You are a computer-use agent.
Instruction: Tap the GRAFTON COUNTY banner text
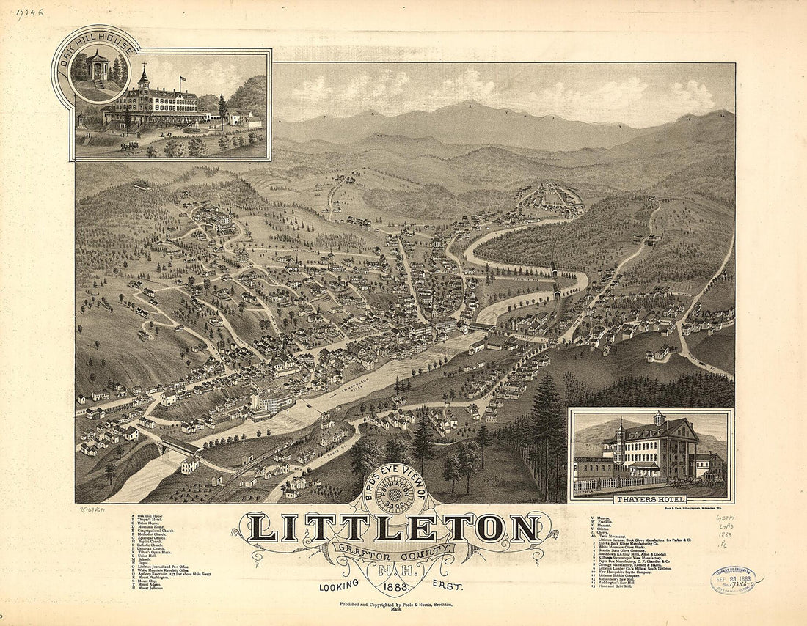[395, 550]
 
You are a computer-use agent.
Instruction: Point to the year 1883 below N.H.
[396, 584]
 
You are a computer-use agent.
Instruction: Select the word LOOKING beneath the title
[338, 585]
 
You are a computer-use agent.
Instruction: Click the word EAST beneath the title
[453, 585]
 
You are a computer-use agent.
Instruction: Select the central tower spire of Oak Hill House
[144, 77]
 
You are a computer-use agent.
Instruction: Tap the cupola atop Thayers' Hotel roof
[659, 419]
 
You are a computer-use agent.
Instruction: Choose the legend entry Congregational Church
[153, 531]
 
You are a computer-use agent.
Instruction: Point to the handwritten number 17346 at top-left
[29, 12]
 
